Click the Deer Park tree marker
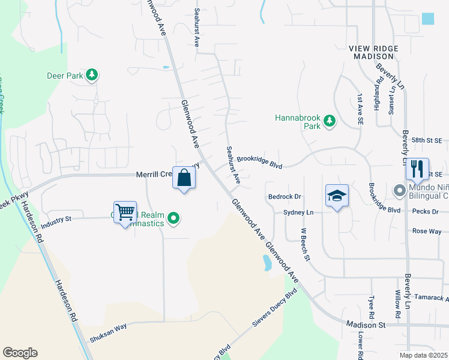point(92,75)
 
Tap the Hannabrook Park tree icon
point(330,121)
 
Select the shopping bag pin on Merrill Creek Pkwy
point(184,179)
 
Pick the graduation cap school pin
point(337,196)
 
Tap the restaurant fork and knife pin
point(417,169)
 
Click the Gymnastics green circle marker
point(173,218)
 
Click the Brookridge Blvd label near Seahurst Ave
point(259,160)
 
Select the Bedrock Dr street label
point(284,197)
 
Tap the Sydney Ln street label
point(298,213)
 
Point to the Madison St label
point(365,325)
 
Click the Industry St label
point(56,220)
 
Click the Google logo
point(20,353)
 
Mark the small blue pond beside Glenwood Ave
point(266,262)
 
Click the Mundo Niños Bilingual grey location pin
point(400,191)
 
